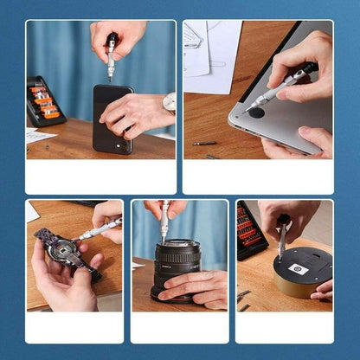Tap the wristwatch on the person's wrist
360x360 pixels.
pyautogui.click(x=169, y=103)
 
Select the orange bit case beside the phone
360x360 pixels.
pyautogui.click(x=45, y=101)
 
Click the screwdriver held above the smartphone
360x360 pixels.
pyautogui.click(x=111, y=57)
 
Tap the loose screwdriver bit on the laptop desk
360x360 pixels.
pyautogui.click(x=204, y=144)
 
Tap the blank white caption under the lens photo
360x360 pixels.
pyautogui.click(x=180, y=327)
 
